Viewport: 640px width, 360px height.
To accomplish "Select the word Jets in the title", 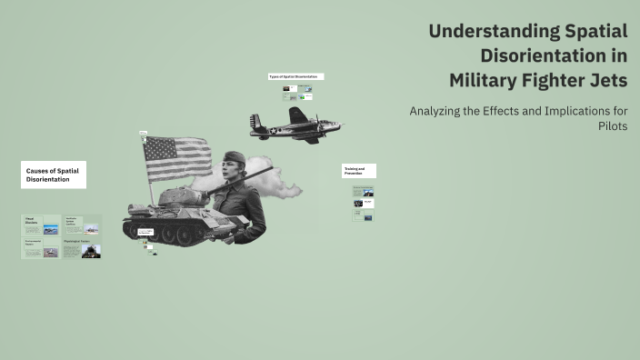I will (x=606, y=80).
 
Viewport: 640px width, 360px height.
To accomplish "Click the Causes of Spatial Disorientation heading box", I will (x=54, y=175).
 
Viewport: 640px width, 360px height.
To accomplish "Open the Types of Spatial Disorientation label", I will (x=295, y=76).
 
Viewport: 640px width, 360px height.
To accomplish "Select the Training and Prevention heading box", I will (x=358, y=171).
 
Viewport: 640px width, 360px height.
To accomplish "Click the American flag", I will (x=176, y=158).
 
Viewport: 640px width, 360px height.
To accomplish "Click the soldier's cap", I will (x=235, y=156).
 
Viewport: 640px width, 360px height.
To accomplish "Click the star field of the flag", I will (x=155, y=147).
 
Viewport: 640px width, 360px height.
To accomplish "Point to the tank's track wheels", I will (x=173, y=235).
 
